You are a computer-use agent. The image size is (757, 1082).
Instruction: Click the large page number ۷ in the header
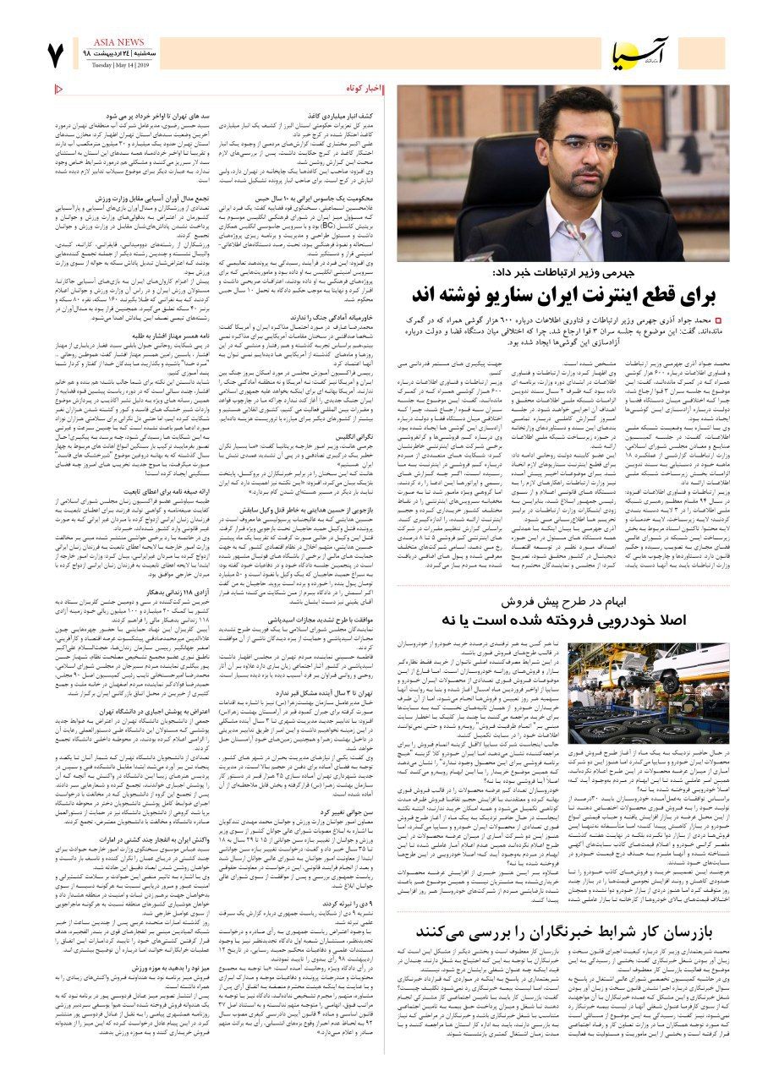(56, 57)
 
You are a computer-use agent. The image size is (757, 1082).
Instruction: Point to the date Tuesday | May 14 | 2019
(118, 65)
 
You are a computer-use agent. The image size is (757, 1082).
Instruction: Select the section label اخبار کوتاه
(365, 90)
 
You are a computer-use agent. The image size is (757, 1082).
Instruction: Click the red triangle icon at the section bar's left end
(58, 90)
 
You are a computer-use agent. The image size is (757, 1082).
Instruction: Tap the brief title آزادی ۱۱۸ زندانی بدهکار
(134, 593)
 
